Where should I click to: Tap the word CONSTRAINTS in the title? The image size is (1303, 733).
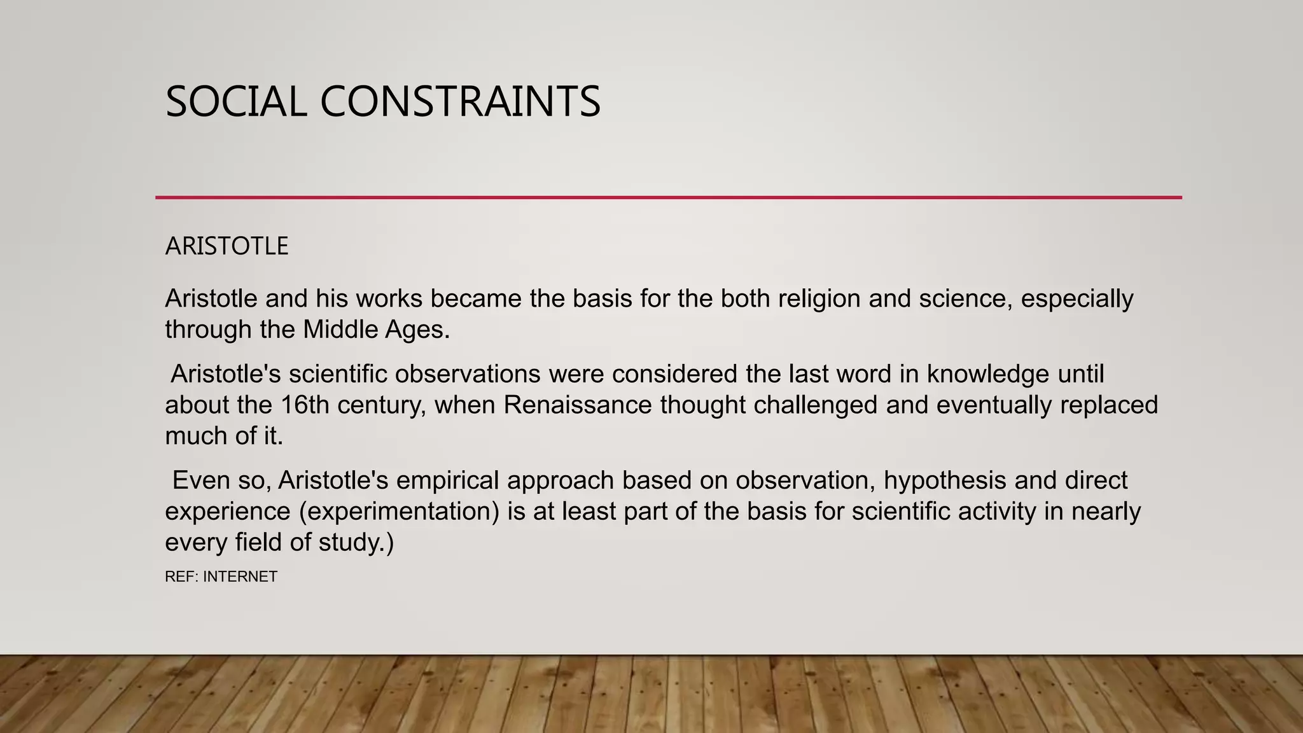pyautogui.click(x=460, y=102)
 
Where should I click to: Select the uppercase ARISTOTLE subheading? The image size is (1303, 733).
pyautogui.click(x=226, y=246)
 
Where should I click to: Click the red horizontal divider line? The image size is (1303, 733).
pyautogui.click(x=668, y=197)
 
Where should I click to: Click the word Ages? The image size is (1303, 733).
pyautogui.click(x=417, y=330)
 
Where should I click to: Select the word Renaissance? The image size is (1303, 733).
pyautogui.click(x=578, y=405)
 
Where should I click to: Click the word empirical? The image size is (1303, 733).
pyautogui.click(x=447, y=480)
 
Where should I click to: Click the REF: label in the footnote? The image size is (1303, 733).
pyautogui.click(x=181, y=577)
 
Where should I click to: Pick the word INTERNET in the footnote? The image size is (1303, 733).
pyautogui.click(x=240, y=577)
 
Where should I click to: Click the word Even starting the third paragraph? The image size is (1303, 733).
pyautogui.click(x=200, y=480)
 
